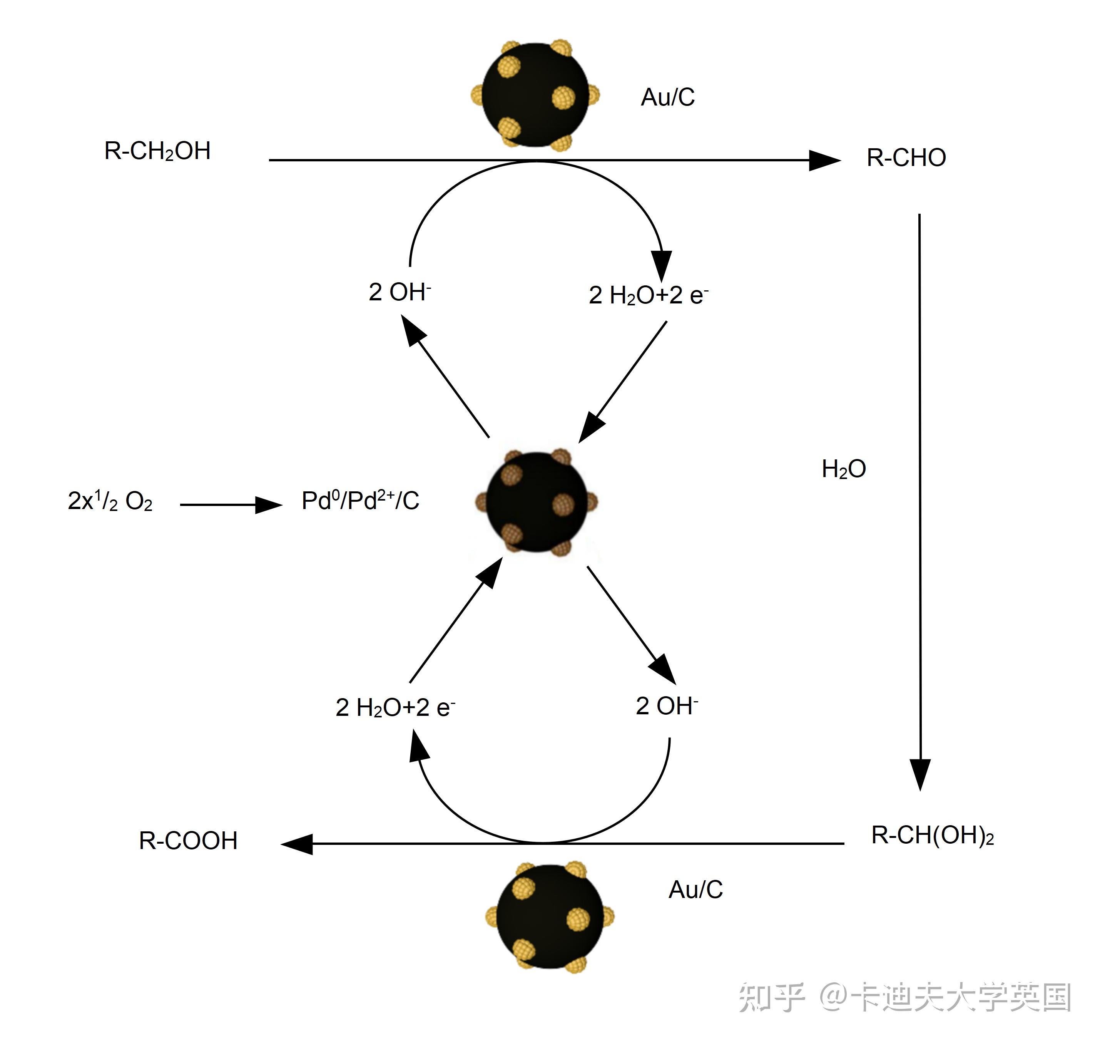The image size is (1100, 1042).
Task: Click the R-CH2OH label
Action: click(x=157, y=151)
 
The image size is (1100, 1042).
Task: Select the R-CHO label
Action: click(x=906, y=158)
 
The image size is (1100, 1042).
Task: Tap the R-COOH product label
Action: click(x=188, y=841)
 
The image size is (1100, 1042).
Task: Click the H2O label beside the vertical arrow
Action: click(x=843, y=469)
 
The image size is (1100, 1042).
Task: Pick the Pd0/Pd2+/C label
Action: click(x=360, y=501)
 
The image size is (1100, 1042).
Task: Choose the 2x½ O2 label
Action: click(x=110, y=501)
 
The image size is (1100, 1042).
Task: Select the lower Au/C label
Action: click(x=695, y=890)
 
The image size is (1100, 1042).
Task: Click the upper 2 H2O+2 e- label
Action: click(x=648, y=295)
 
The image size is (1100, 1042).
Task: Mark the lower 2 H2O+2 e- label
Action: click(x=395, y=708)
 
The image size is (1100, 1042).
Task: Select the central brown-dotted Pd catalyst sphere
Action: click(x=537, y=502)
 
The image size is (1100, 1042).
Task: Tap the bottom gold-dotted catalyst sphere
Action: click(x=550, y=916)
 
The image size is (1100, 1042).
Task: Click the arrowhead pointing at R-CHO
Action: click(x=824, y=161)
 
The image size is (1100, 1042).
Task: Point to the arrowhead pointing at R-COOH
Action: click(x=297, y=844)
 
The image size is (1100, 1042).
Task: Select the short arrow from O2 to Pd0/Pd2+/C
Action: click(x=231, y=505)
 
